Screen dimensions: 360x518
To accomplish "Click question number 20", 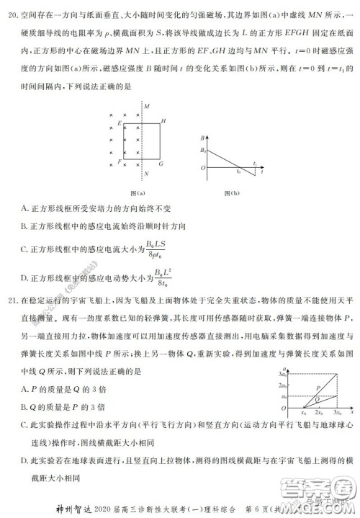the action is tap(9, 12).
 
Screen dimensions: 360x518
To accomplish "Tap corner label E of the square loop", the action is tap(119, 123).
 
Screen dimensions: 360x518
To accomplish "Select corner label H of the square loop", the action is tap(163, 121).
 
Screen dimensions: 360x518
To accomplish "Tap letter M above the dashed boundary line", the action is tap(145, 107).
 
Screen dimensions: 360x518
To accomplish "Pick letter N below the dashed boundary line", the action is tap(145, 174).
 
